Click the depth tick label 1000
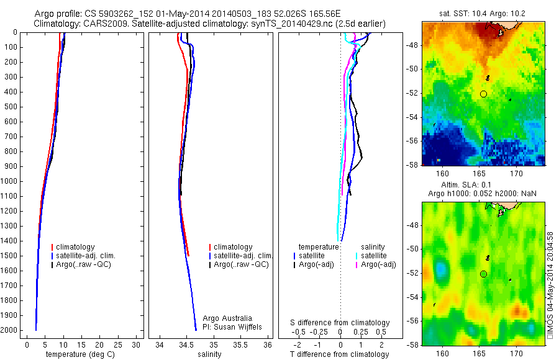click(9, 181)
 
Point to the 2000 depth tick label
click(9, 330)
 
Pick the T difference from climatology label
click(339, 354)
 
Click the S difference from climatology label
click(340, 323)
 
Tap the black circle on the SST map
click(483, 94)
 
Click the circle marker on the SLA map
click(483, 274)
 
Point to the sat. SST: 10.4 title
click(483, 13)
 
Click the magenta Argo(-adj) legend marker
click(356, 264)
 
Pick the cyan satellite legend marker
click(356, 256)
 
